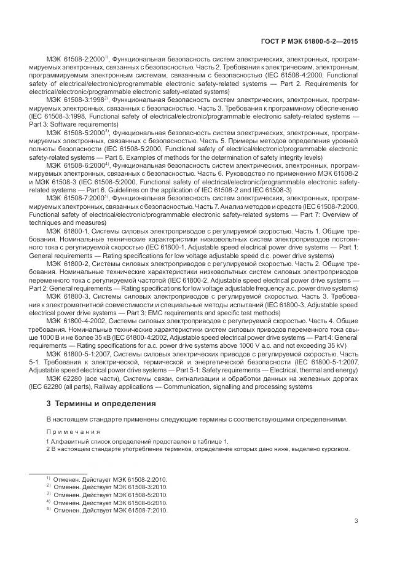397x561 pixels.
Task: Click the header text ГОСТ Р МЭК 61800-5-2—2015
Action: click(312, 41)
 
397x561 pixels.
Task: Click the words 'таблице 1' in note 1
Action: click(212, 442)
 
